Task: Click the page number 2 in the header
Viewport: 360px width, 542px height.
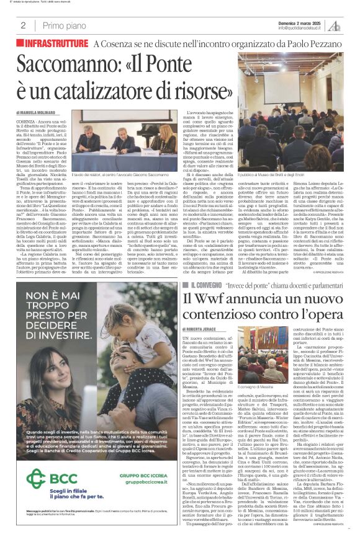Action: click(22, 25)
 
